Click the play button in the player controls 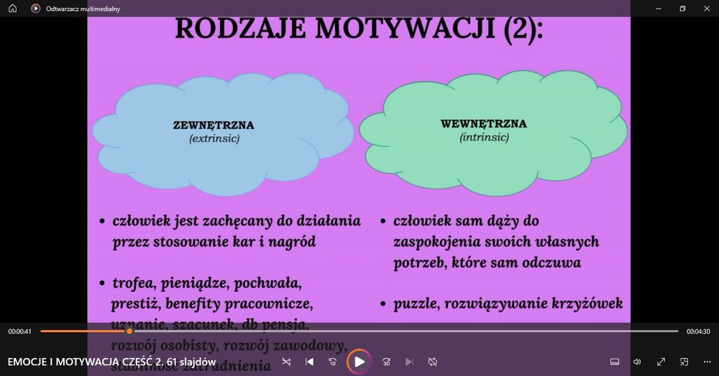click(359, 362)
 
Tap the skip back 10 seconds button click(333, 362)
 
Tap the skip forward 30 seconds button click(386, 362)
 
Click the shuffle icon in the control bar click(286, 362)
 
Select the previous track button click(309, 362)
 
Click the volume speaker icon click(637, 362)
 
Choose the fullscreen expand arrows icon click(661, 362)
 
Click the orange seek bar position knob click(129, 331)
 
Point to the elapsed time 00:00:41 click(20, 331)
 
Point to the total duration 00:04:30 click(698, 331)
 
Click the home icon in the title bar click(12, 9)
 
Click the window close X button click(705, 9)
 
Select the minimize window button click(659, 9)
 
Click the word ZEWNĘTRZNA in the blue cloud click(214, 125)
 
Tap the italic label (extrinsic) click(214, 138)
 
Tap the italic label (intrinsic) click(484, 136)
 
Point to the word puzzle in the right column click(416, 304)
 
